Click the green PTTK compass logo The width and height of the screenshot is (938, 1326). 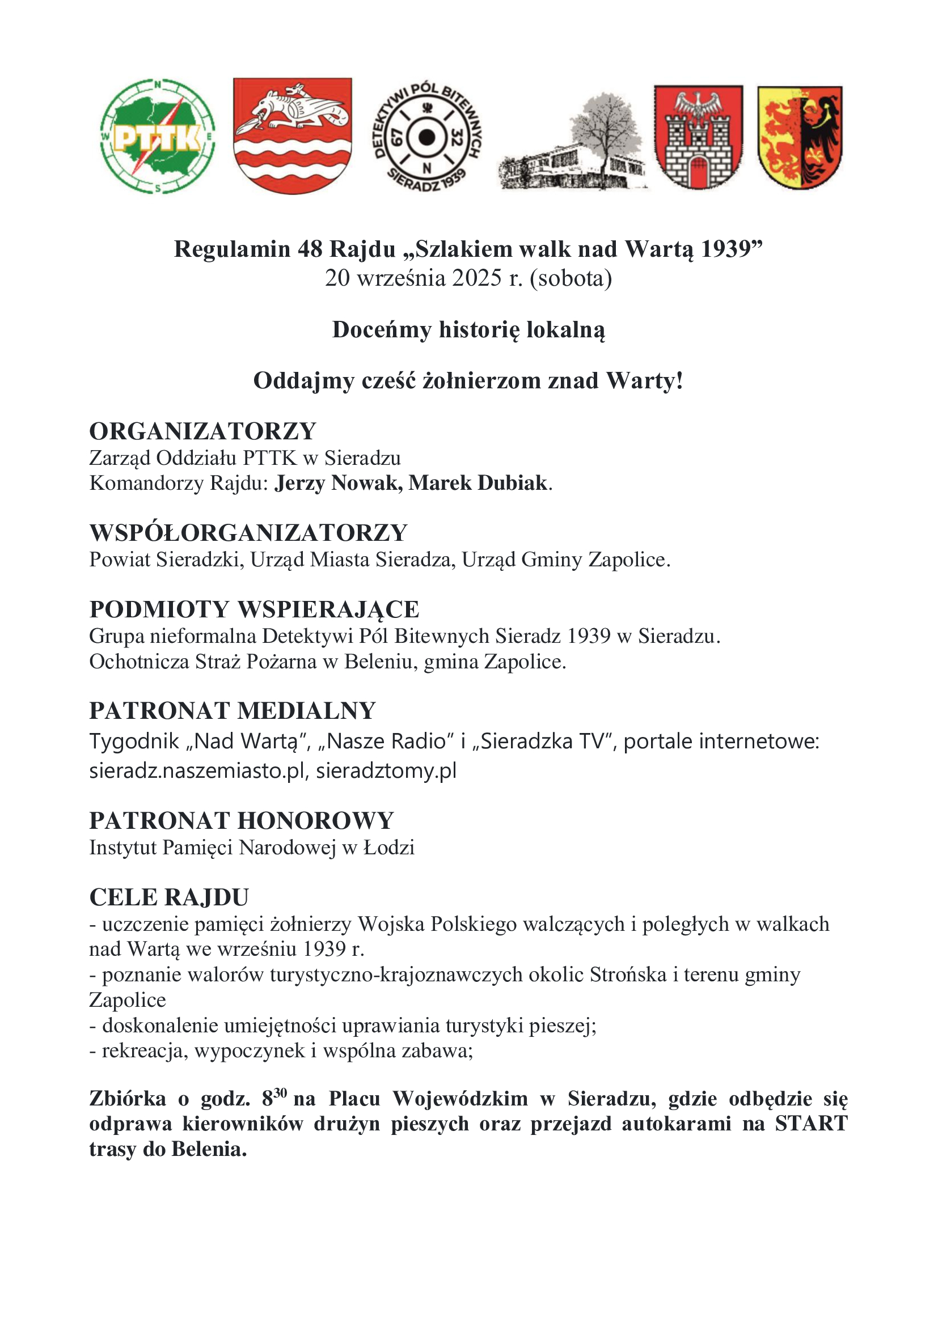coord(157,136)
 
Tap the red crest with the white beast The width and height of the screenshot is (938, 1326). coord(292,135)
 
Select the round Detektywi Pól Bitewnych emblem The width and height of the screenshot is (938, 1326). coord(427,137)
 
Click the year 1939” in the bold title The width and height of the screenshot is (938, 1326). coord(731,249)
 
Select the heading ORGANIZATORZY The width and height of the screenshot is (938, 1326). coord(202,431)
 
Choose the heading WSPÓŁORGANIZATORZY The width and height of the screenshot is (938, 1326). coord(248,532)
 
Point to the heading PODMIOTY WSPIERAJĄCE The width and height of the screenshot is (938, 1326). coord(254,609)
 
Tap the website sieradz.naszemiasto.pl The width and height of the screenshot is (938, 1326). coord(197,770)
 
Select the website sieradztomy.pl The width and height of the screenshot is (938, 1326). coord(386,770)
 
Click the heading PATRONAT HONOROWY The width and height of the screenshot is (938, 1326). coord(242,820)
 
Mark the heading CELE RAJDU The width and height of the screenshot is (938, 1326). coord(169,897)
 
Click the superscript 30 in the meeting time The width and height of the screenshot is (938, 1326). coord(280,1092)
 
